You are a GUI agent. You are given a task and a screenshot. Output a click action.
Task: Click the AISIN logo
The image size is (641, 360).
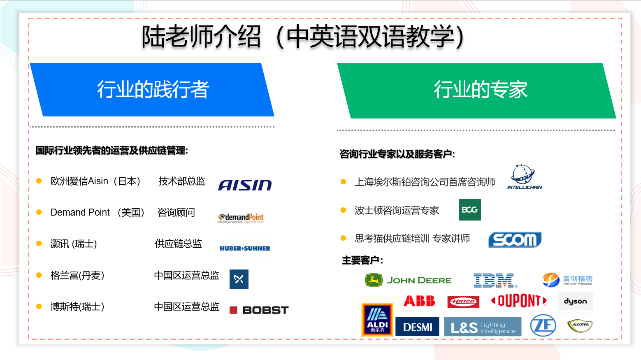(245, 185)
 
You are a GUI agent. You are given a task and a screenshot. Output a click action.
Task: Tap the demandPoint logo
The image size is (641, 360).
(241, 218)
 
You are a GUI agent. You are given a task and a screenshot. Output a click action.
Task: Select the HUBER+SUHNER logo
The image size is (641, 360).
(245, 248)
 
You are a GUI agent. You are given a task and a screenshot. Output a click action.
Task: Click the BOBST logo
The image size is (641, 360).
(259, 310)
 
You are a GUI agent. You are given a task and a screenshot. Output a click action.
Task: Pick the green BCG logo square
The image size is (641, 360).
(469, 209)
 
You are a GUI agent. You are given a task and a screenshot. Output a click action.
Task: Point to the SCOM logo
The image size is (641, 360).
(515, 239)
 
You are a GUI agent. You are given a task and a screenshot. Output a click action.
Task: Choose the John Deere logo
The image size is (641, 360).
(408, 280)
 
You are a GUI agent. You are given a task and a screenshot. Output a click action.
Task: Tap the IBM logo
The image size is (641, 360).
(495, 280)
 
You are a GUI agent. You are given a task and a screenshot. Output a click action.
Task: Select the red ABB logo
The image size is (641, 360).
(419, 301)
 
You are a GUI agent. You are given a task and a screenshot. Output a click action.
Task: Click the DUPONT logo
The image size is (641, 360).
(519, 301)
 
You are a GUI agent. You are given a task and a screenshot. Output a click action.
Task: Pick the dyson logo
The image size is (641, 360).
(575, 301)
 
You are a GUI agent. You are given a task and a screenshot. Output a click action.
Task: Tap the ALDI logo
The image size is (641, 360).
(377, 320)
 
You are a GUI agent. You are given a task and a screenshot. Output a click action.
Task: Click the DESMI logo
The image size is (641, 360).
(417, 327)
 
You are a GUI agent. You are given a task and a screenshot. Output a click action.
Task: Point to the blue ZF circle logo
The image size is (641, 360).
(543, 325)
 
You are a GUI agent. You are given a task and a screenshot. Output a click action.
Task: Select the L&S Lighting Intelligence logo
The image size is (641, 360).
(483, 327)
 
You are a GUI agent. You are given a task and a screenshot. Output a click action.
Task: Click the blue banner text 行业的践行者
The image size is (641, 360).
(153, 90)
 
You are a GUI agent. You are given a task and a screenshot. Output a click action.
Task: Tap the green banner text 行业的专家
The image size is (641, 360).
(481, 90)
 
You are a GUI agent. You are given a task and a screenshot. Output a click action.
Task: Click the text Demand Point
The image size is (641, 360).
(80, 212)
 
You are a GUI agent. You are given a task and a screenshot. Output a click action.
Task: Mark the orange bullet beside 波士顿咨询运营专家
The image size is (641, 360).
(344, 210)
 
